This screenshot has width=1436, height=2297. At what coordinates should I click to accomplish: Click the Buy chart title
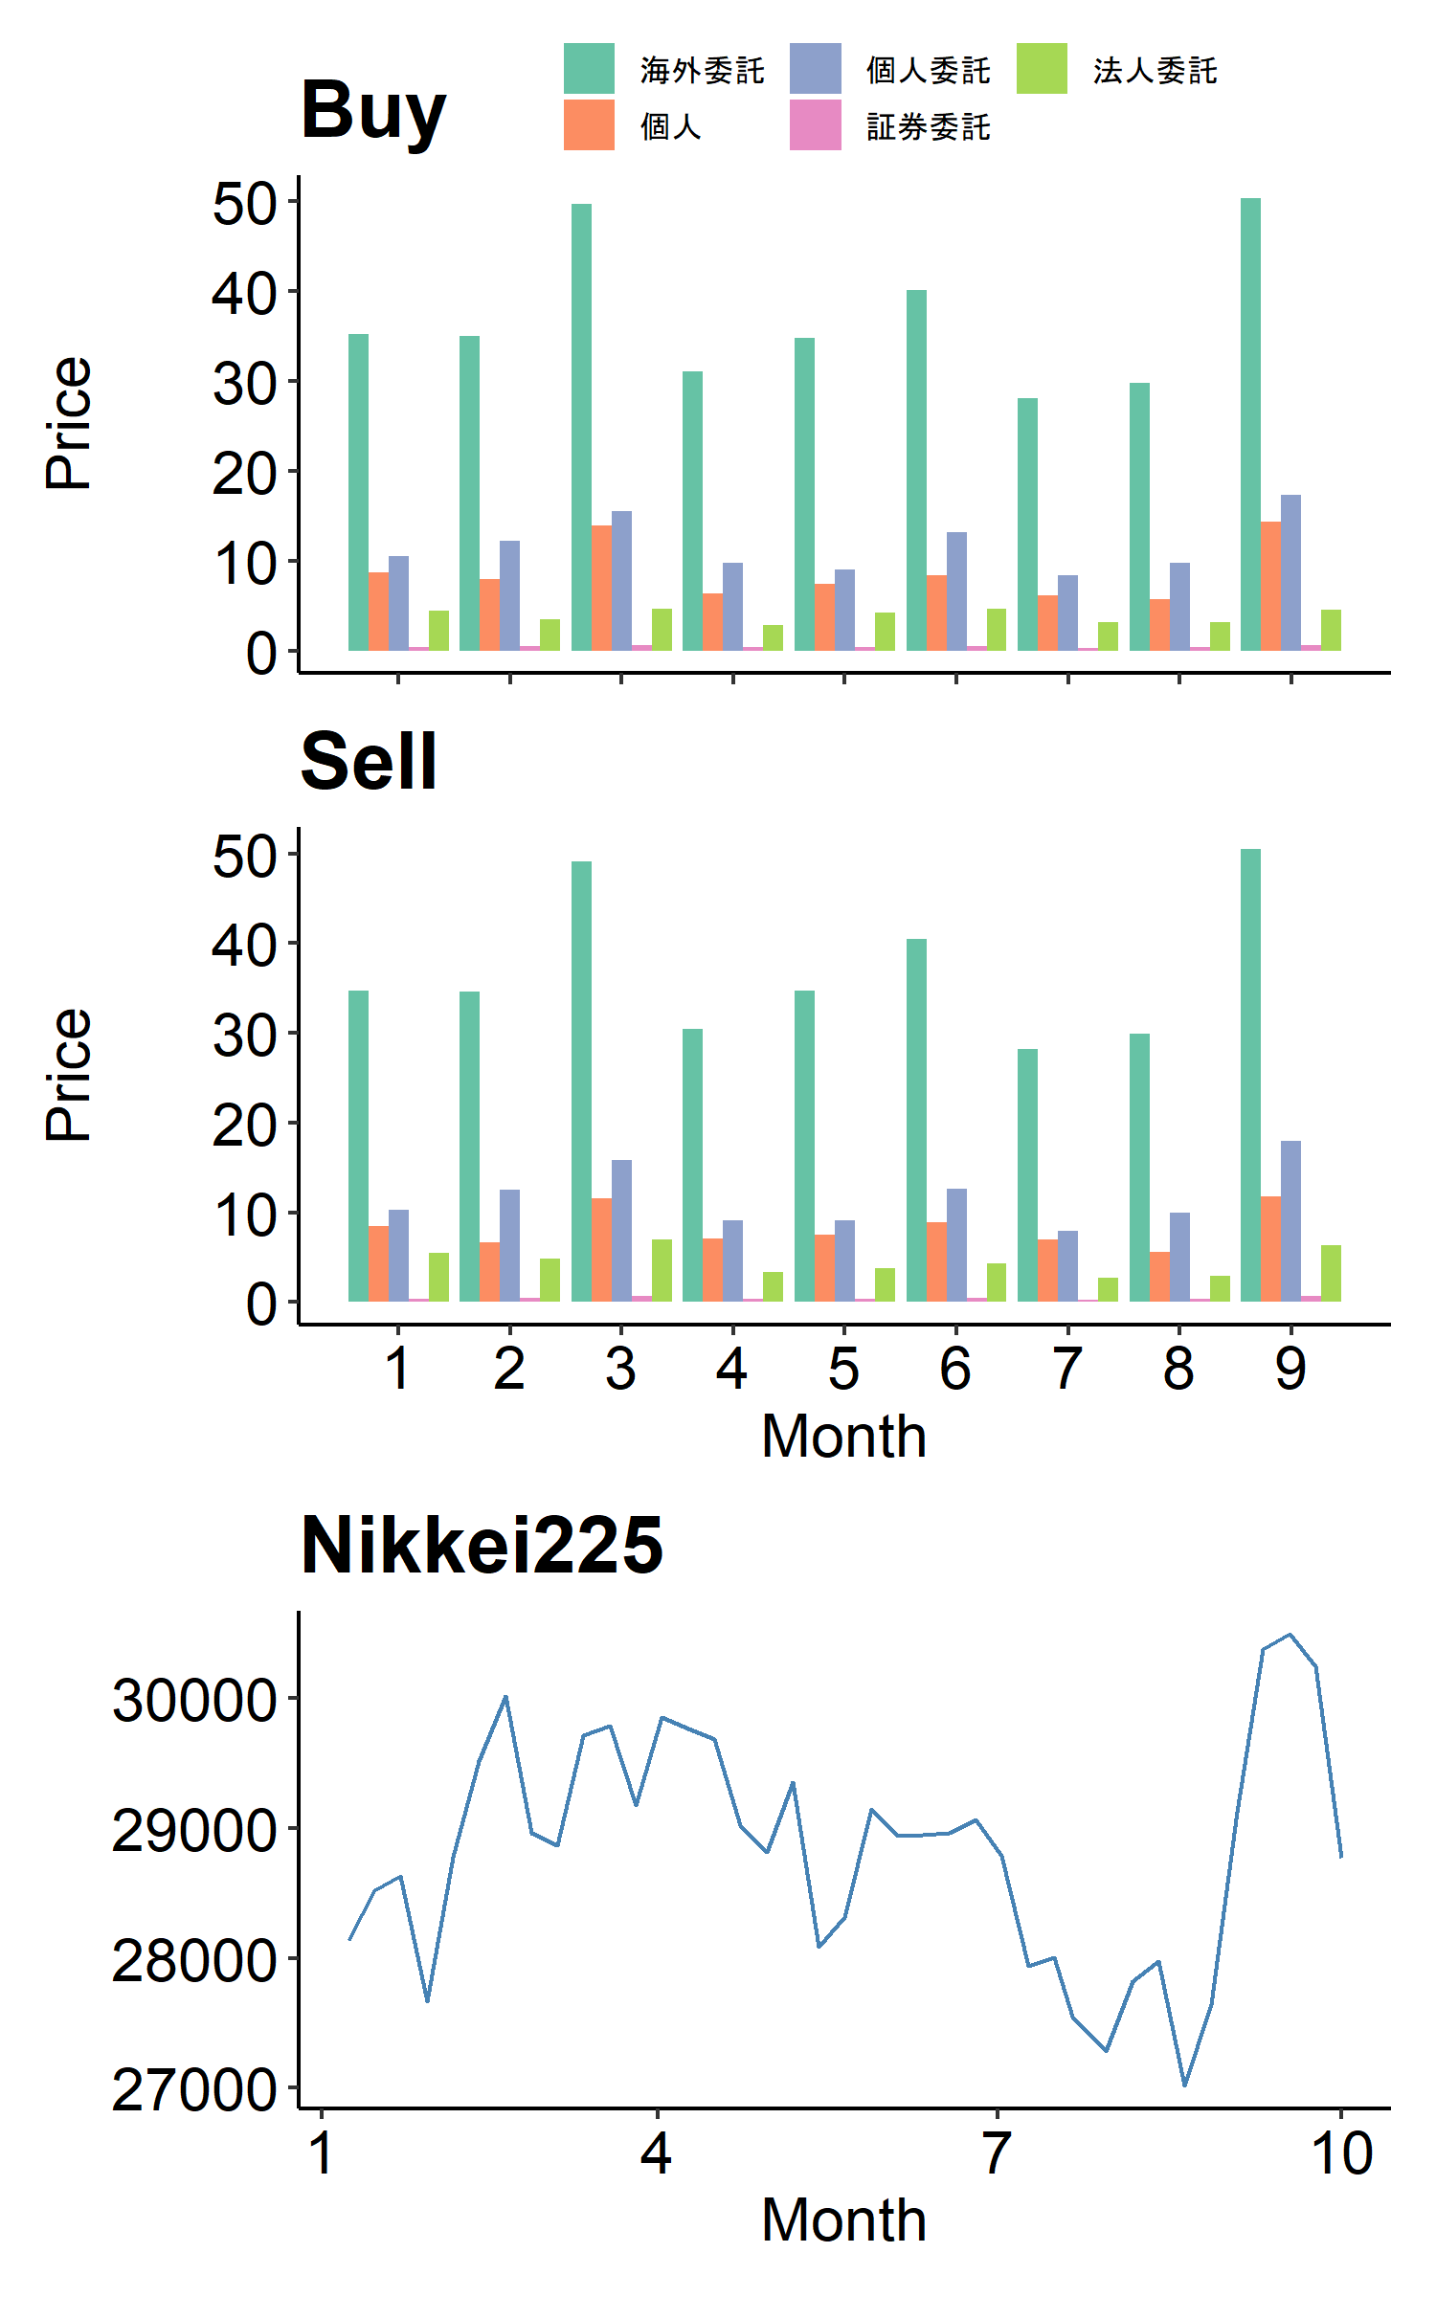pos(373,111)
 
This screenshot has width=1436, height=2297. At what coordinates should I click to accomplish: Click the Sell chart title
pos(369,762)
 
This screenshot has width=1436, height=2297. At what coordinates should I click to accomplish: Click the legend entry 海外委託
pos(702,70)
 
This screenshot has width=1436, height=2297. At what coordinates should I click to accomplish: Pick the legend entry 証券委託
pos(928,126)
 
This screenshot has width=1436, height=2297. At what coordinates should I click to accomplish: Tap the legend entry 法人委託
pos(1155,70)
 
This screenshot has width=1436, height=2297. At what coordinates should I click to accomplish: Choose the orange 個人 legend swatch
pos(589,125)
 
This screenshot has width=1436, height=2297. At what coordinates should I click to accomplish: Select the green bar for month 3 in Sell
pos(581,1082)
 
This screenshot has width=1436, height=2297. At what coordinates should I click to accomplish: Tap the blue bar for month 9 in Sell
pos(1290,1221)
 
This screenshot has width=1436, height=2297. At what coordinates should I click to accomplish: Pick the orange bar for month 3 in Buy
pos(601,589)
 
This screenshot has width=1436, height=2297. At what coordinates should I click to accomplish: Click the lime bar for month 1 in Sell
pos(438,1278)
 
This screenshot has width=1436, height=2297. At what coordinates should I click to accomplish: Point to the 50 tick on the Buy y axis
pos(243,203)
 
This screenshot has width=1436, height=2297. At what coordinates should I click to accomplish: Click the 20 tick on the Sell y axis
pos(243,1125)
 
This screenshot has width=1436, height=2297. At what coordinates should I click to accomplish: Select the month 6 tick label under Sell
pos(955,1369)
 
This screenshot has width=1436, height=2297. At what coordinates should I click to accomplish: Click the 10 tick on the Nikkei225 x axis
pos(1341,2154)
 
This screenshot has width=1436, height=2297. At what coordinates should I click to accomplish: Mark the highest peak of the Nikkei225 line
pos(1290,1635)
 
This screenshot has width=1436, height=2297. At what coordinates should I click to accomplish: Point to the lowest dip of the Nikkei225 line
pos(1185,2084)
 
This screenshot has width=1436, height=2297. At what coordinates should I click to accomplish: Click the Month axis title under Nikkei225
pos(843,2220)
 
